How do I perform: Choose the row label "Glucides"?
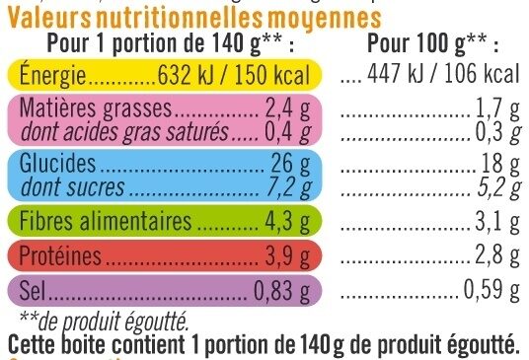(x=59, y=163)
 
